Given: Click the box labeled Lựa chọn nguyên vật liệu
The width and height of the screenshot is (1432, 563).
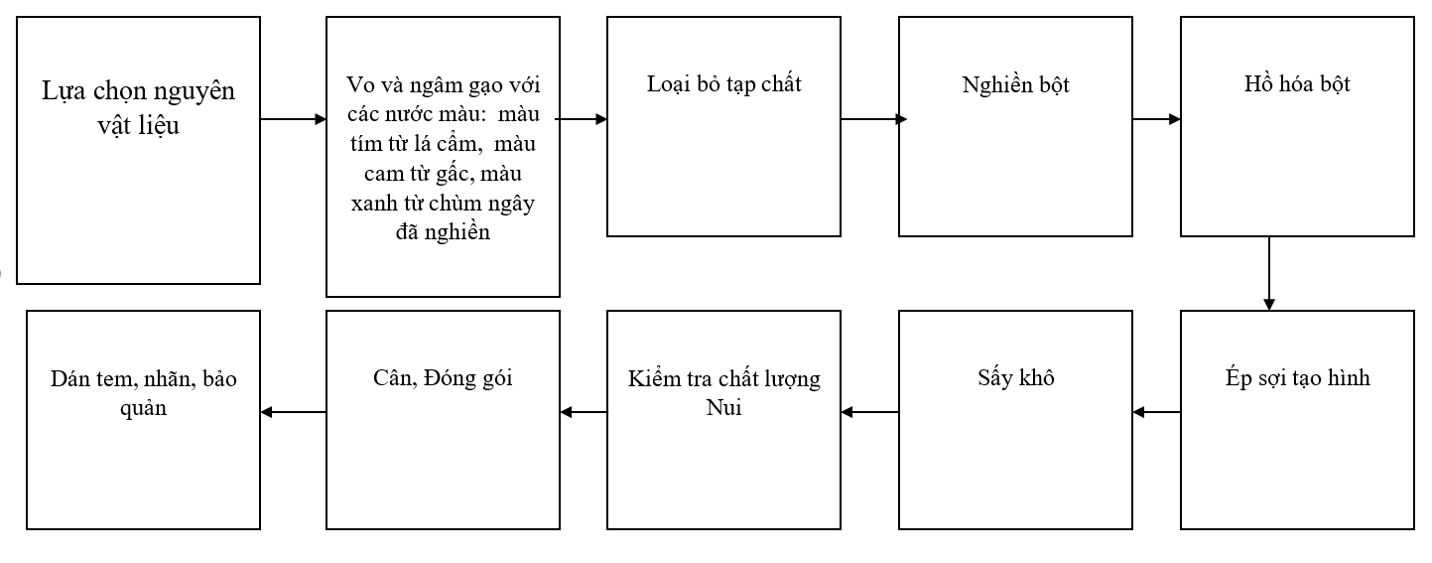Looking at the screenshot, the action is click(x=138, y=150).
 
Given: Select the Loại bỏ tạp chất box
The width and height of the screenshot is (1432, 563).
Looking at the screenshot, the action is click(x=723, y=126).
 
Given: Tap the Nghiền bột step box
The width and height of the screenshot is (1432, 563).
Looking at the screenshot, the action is click(x=1015, y=126).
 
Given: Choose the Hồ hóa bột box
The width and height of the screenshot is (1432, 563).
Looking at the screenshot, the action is click(x=1297, y=126).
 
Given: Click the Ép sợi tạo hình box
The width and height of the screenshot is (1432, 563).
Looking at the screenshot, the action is click(x=1297, y=420).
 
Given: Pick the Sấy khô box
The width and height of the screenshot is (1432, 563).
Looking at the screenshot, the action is click(x=1015, y=420).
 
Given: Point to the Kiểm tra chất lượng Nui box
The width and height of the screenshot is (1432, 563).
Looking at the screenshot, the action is click(x=723, y=420).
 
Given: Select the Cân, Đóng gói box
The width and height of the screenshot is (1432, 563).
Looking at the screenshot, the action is click(x=443, y=420).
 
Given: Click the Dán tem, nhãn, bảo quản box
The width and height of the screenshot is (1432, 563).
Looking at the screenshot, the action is click(x=143, y=420).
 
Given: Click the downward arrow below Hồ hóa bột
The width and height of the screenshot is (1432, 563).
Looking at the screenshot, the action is click(x=1269, y=273).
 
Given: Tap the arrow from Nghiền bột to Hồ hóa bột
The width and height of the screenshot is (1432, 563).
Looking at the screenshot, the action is click(x=1156, y=119).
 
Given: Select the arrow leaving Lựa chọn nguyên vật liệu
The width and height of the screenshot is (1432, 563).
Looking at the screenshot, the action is click(x=294, y=119).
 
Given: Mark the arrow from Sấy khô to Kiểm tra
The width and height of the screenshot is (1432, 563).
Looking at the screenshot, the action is click(x=869, y=412).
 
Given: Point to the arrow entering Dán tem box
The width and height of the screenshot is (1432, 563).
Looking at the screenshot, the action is click(x=293, y=412).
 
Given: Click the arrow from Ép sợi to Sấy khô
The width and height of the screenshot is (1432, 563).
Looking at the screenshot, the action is click(x=1156, y=412).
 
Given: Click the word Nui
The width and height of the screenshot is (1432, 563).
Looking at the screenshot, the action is click(x=723, y=407).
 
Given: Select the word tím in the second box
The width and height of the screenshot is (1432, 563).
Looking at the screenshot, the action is click(x=366, y=143).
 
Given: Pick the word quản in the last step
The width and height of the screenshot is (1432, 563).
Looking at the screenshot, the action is click(x=143, y=408).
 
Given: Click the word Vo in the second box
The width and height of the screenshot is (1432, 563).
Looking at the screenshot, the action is click(x=360, y=84).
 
